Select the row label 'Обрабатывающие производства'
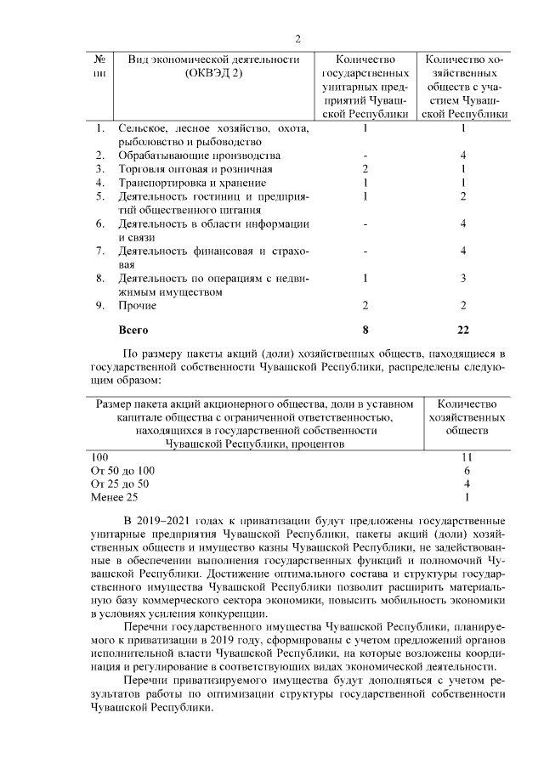[187, 155]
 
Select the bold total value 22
[464, 328]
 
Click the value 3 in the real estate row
[464, 278]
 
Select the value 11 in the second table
[466, 457]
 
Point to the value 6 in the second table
[467, 470]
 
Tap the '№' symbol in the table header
[100, 59]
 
